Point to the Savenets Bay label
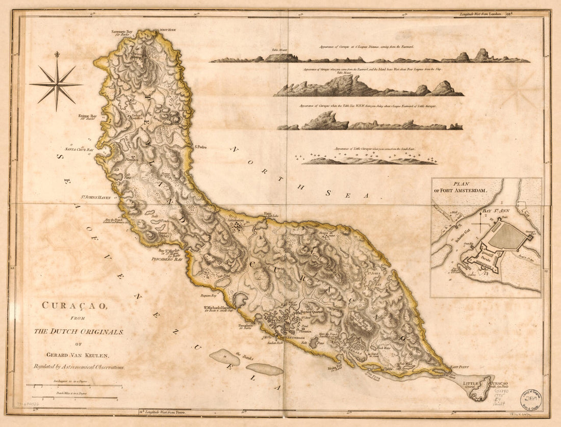point(125,33)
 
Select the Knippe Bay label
point(87,117)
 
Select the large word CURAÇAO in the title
point(74,307)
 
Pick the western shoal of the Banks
point(224,357)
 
